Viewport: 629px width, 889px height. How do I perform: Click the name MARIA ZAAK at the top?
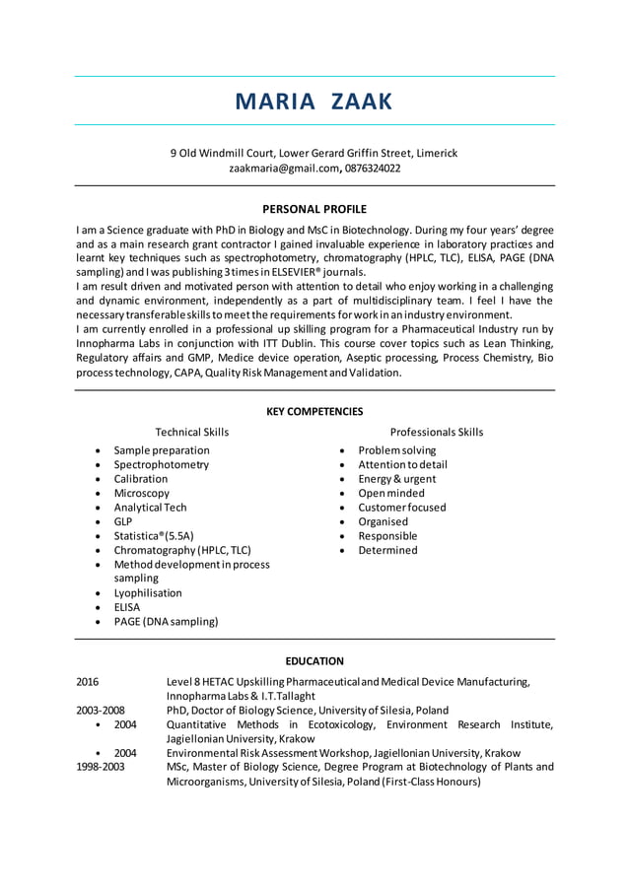(314, 102)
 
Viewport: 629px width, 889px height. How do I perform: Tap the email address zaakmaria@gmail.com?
(284, 169)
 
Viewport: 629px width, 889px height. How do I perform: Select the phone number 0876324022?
(373, 169)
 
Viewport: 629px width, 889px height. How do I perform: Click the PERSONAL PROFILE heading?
(314, 209)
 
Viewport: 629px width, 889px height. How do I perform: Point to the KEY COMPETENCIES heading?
(314, 411)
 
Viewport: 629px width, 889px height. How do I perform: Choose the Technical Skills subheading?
(192, 432)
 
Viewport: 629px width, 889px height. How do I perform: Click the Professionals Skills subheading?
(437, 432)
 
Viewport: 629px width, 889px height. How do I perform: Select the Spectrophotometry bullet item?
(161, 464)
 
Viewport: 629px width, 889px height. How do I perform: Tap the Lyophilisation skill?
(148, 593)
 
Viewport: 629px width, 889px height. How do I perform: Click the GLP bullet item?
(123, 521)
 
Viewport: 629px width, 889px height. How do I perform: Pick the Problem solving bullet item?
(396, 450)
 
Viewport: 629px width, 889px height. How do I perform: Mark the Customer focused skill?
(401, 508)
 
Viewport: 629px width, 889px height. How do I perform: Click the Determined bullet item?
(387, 550)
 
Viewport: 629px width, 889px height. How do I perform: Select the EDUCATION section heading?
(314, 661)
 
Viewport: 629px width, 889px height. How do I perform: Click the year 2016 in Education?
(88, 682)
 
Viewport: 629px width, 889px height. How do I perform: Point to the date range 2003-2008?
(101, 710)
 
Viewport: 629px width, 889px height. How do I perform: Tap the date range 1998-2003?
(101, 767)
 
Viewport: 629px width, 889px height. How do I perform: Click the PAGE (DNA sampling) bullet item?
(166, 622)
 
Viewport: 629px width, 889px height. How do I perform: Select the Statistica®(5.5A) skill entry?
(153, 536)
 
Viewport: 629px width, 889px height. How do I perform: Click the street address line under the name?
(314, 153)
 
